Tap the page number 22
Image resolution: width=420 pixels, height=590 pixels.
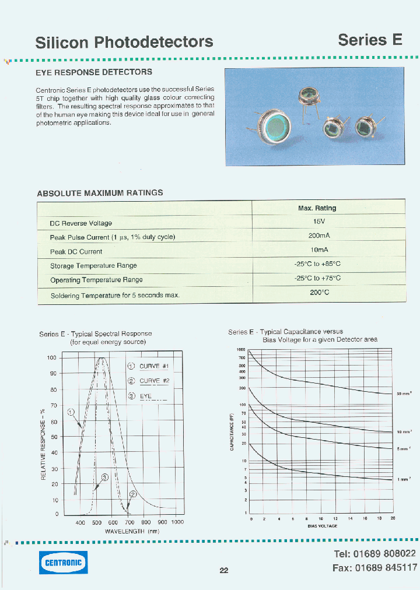pyautogui.click(x=224, y=571)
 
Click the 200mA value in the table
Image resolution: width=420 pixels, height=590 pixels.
pyautogui.click(x=318, y=236)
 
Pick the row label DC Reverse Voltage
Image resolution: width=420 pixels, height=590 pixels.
pyautogui.click(x=81, y=223)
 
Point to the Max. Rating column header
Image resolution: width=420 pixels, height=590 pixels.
pyautogui.click(x=317, y=208)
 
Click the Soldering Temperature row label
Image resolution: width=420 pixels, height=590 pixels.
pyautogui.click(x=115, y=296)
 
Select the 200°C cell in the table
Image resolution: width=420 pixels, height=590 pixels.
pyautogui.click(x=320, y=292)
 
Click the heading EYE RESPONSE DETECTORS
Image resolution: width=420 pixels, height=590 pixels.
pyautogui.click(x=94, y=72)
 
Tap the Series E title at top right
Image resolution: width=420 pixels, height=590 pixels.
pyautogui.click(x=370, y=40)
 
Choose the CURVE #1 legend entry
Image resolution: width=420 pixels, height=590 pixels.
pyautogui.click(x=153, y=366)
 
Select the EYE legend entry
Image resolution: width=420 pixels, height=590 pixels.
pyautogui.click(x=146, y=396)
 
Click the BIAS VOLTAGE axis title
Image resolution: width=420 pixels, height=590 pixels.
pyautogui.click(x=323, y=526)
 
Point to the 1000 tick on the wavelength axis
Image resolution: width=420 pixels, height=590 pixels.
pyautogui.click(x=177, y=522)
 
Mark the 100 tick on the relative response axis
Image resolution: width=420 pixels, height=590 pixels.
pyautogui.click(x=52, y=357)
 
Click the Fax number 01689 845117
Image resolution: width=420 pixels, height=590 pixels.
pyautogui.click(x=374, y=567)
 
